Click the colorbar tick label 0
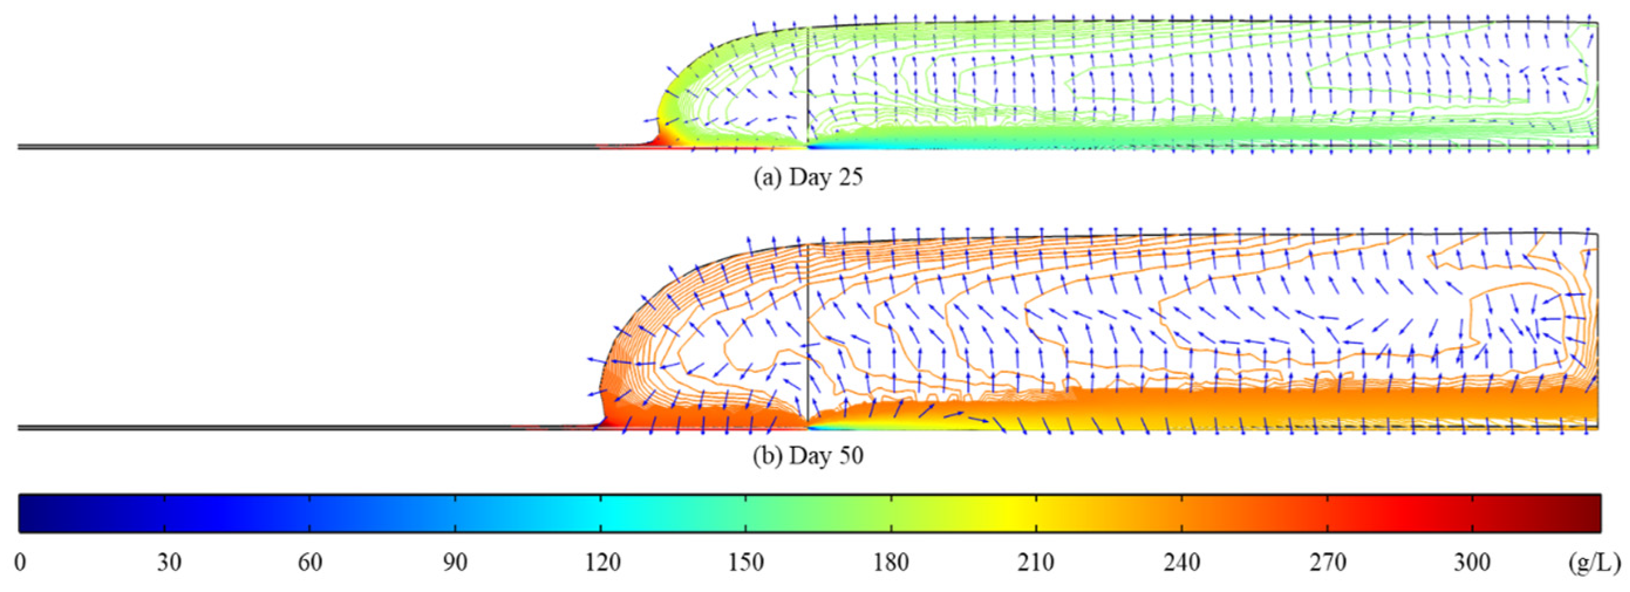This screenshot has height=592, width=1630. click(21, 562)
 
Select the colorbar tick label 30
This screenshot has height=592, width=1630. click(169, 562)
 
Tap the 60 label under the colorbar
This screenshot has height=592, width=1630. click(310, 562)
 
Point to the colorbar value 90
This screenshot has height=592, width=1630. click(456, 562)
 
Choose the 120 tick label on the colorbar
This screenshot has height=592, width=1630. click(602, 562)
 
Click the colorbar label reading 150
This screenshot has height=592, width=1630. click(746, 562)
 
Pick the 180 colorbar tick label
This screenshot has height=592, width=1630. click(892, 562)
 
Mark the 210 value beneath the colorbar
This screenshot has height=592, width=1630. click(1036, 562)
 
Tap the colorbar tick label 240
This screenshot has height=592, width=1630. click(1182, 562)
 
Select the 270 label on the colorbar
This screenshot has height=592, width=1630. click(1328, 562)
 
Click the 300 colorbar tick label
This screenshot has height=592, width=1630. click(1472, 562)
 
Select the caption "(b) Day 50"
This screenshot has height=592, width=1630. click(808, 456)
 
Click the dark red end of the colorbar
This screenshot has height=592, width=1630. click(1591, 513)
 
